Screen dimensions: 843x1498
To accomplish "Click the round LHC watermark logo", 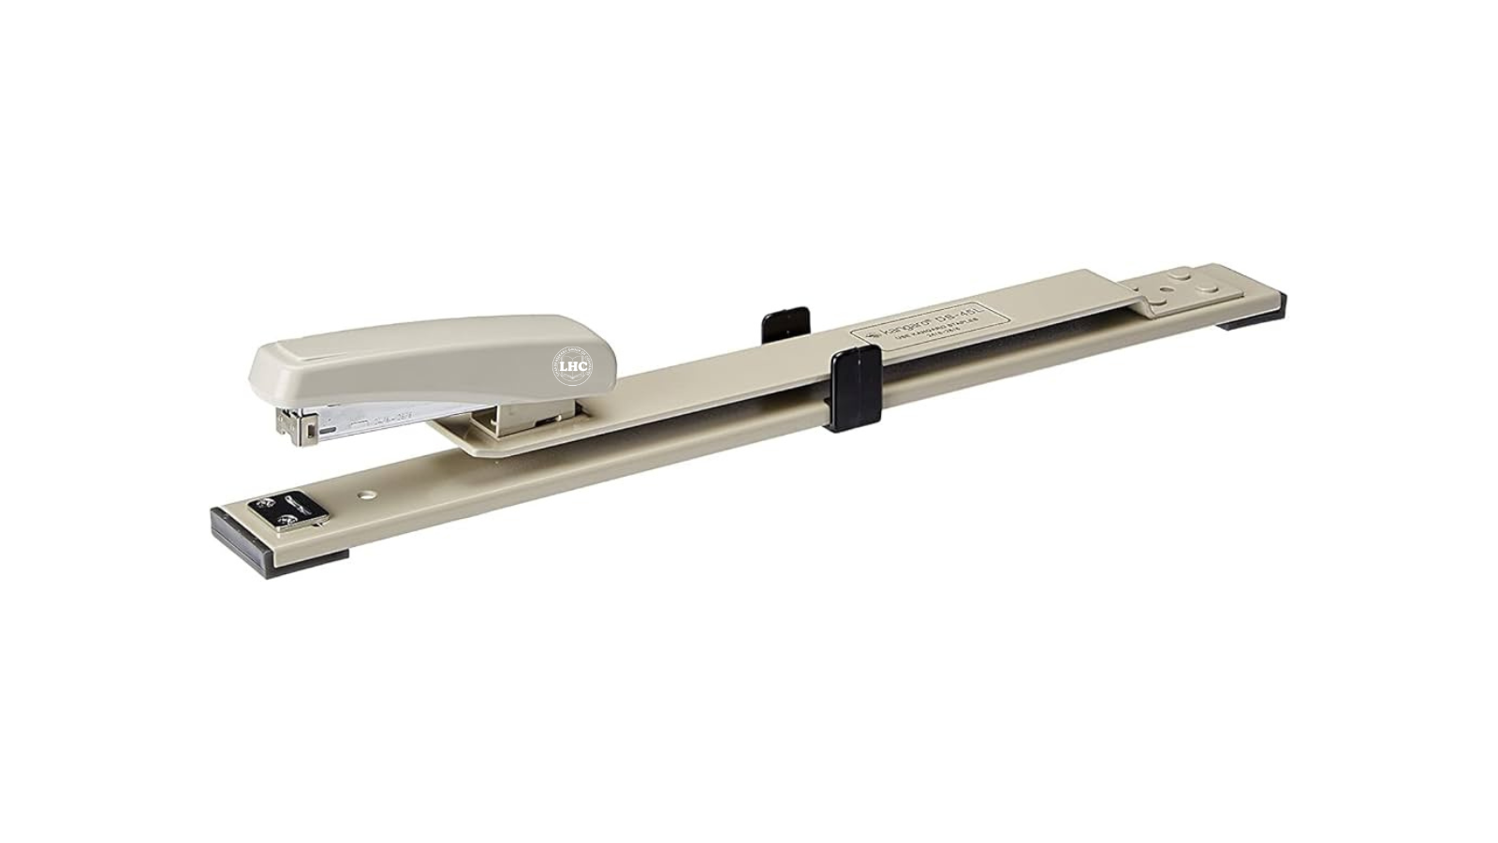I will pyautogui.click(x=572, y=366).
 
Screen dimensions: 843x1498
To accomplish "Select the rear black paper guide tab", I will pyautogui.click(x=785, y=320).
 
